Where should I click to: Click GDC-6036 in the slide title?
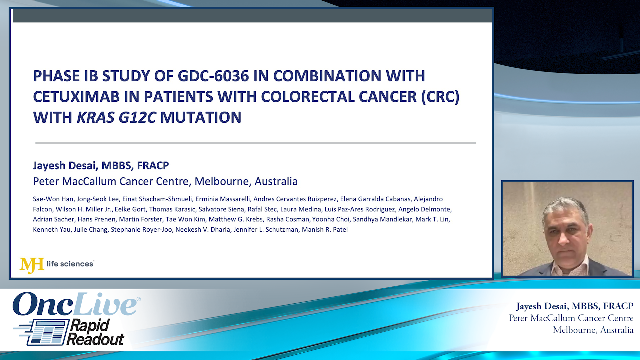click(x=213, y=76)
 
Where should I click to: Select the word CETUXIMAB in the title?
click(x=76, y=97)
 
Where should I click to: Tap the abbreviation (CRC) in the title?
click(x=440, y=97)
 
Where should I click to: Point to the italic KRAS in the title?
click(x=96, y=118)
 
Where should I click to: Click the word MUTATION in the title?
click(x=201, y=118)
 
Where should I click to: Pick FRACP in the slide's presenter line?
click(x=153, y=165)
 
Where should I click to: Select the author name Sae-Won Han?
click(x=53, y=199)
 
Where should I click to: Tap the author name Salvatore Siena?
click(x=221, y=209)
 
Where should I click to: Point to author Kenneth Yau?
click(x=51, y=230)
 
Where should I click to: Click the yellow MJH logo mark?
click(x=32, y=265)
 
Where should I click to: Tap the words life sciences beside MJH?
click(x=70, y=264)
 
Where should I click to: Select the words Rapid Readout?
click(x=95, y=332)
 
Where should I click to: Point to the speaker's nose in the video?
click(x=564, y=238)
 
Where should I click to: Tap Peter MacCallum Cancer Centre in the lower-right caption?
click(x=571, y=318)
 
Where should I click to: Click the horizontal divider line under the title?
click(x=255, y=143)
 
